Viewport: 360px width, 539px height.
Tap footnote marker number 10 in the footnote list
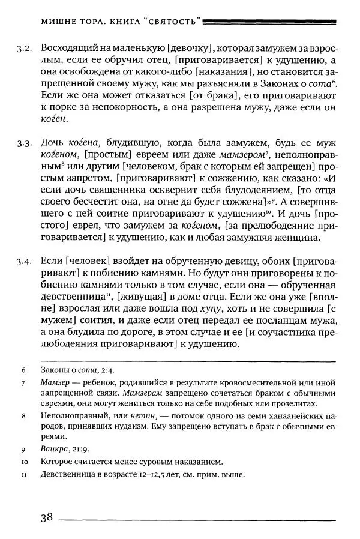pyautogui.click(x=24, y=462)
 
